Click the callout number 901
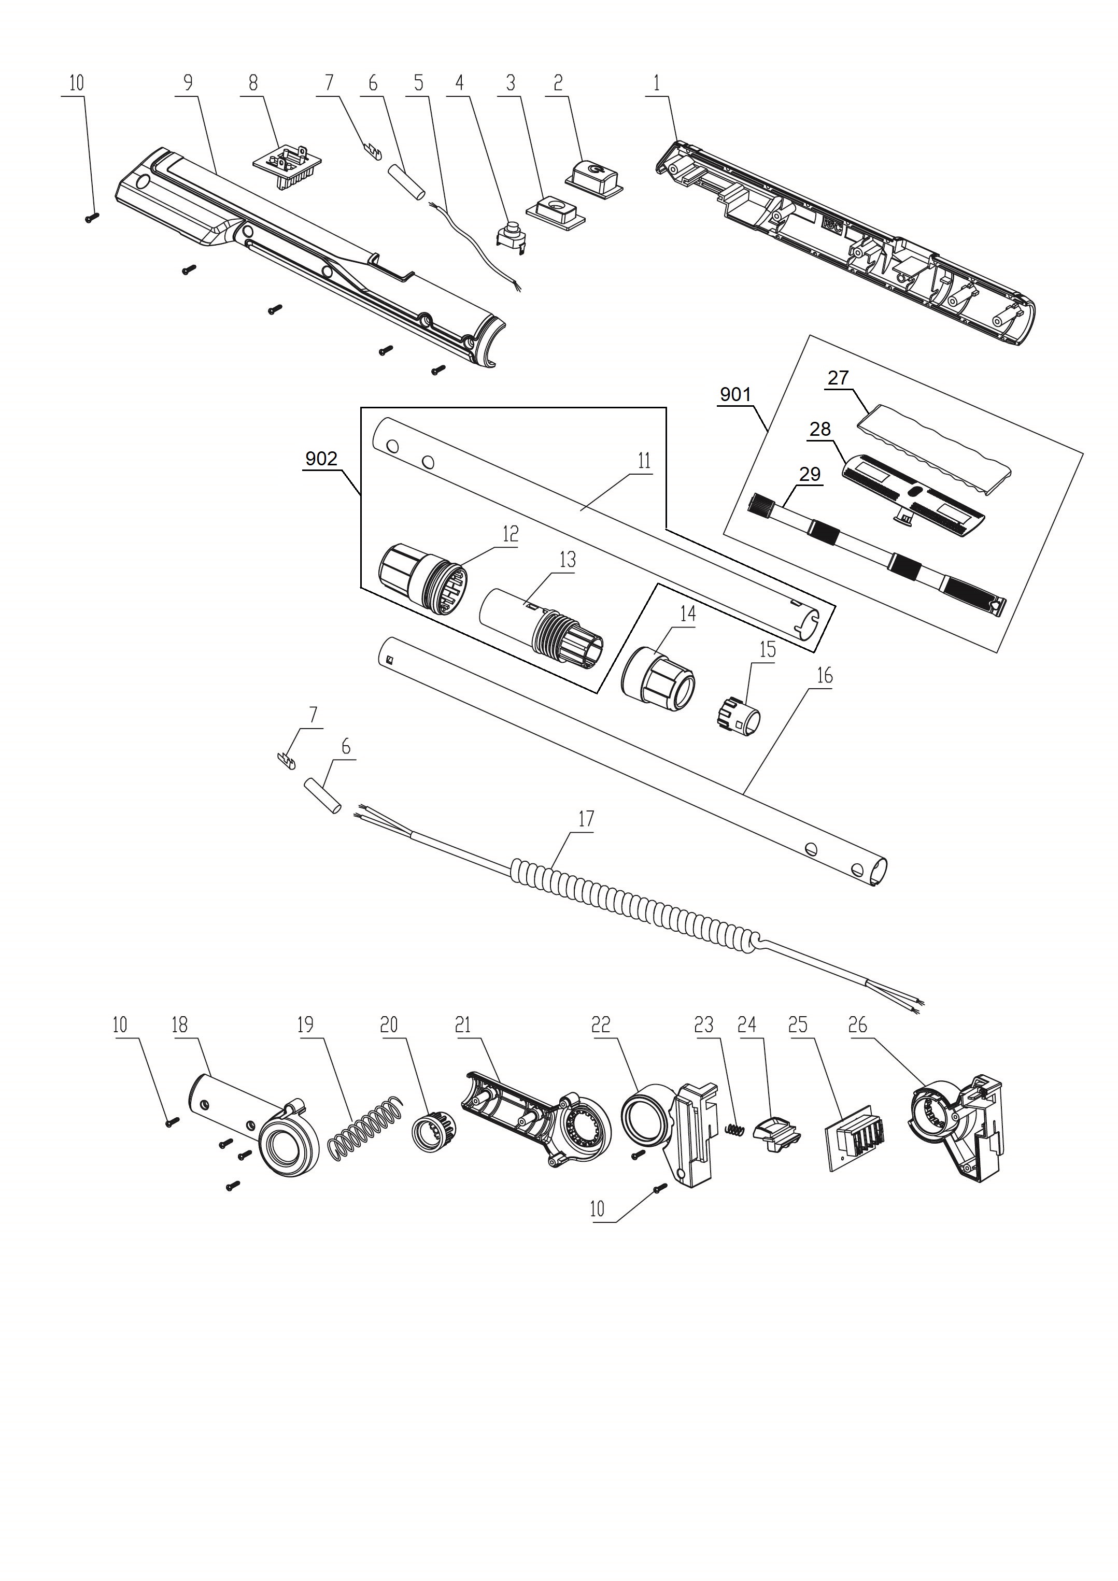point(735,394)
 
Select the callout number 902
point(321,459)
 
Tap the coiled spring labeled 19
point(364,1129)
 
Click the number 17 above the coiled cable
point(586,819)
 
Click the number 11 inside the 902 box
point(644,461)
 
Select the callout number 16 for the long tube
point(825,676)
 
